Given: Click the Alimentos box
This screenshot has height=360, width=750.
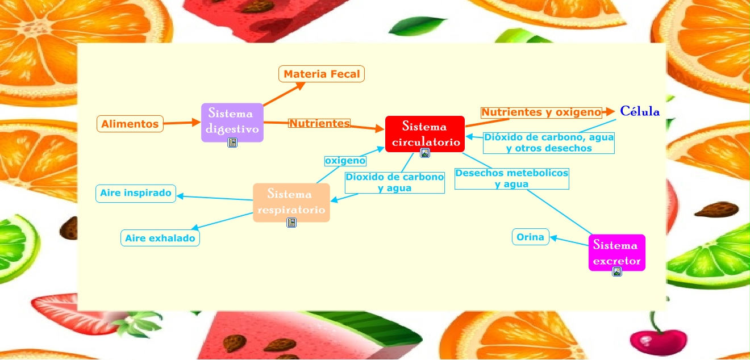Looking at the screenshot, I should click(130, 124).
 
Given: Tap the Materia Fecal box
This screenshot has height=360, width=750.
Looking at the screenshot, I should click(322, 74).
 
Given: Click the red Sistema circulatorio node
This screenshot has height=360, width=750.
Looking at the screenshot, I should click(425, 133).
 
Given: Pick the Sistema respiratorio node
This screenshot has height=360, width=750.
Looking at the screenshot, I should click(291, 202).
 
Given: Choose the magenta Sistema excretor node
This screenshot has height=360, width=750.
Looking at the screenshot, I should click(616, 252).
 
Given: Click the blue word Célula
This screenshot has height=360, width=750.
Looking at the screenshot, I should click(640, 111).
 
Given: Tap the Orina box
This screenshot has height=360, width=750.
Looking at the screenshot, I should click(531, 237).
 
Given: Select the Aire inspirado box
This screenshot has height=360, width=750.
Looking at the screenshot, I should click(136, 193).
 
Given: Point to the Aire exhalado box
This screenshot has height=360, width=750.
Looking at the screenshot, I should click(160, 238).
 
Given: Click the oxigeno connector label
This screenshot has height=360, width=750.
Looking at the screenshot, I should click(345, 161).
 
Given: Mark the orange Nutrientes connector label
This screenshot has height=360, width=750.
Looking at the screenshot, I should click(319, 123).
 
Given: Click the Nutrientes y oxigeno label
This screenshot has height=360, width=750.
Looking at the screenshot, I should click(541, 112).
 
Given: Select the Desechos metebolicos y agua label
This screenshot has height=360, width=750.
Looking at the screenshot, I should click(511, 178).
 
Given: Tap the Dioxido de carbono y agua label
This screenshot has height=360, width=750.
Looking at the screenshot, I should click(395, 182).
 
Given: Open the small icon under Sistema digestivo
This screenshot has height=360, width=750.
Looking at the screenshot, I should click(232, 143).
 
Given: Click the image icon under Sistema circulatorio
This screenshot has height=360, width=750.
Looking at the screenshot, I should click(425, 153).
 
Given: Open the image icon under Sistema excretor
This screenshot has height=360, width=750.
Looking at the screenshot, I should click(617, 272).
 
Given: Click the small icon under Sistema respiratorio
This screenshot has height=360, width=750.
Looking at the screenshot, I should click(291, 223).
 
